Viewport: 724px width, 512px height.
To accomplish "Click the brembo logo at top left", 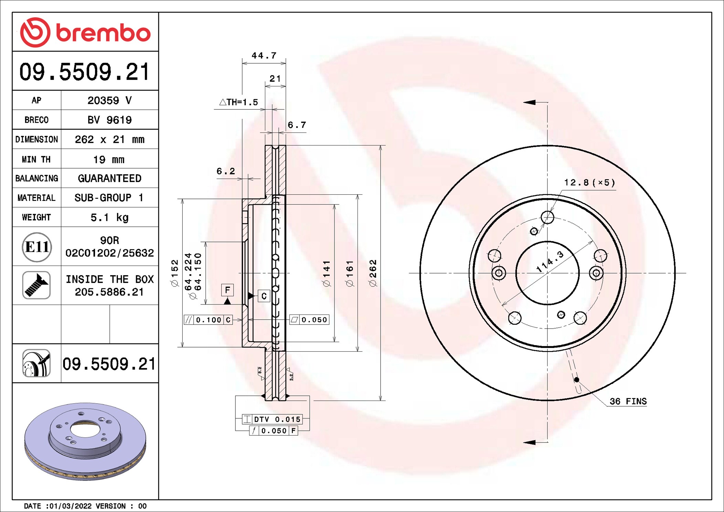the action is pyautogui.click(x=85, y=32).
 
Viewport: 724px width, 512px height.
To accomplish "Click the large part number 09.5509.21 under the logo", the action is pyautogui.click(x=85, y=72).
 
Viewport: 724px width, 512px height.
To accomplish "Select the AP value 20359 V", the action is pyautogui.click(x=109, y=100).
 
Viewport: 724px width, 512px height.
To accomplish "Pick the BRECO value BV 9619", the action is pyautogui.click(x=109, y=120).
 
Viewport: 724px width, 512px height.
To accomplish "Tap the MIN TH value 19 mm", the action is pyautogui.click(x=109, y=160).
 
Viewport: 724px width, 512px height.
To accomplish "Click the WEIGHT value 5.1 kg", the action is pyautogui.click(x=109, y=217).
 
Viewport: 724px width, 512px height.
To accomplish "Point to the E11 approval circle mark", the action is pyautogui.click(x=37, y=247).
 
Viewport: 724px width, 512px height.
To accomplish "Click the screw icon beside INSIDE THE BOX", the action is pyautogui.click(x=36, y=285).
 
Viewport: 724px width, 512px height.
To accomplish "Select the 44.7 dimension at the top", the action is pyautogui.click(x=264, y=55).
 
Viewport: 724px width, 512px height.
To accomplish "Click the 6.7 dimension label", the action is pyautogui.click(x=297, y=125).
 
